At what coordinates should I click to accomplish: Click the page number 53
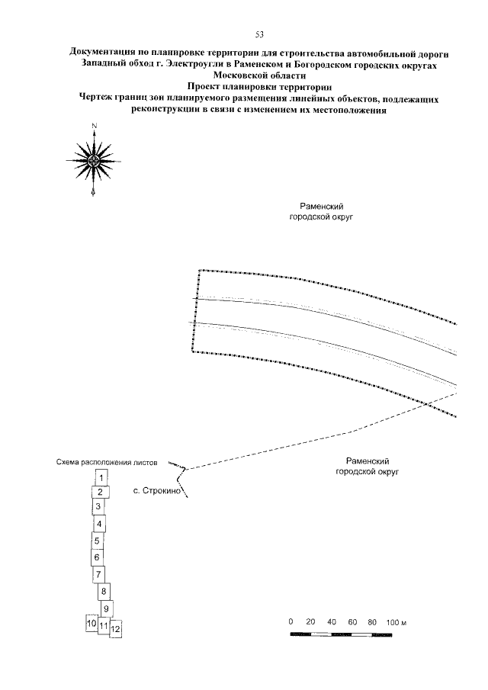[x=259, y=35]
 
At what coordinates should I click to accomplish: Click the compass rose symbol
[x=92, y=160]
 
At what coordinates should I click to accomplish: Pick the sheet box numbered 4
[x=99, y=525]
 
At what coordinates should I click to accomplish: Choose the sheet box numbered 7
[x=99, y=574]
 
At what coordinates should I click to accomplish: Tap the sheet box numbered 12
[x=117, y=630]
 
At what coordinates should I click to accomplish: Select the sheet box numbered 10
[x=91, y=624]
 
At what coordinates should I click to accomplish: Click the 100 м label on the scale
[x=398, y=622]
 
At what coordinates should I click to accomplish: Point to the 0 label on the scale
[x=291, y=622]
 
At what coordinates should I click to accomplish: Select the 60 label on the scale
[x=352, y=622]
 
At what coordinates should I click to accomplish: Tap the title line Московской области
[x=258, y=75]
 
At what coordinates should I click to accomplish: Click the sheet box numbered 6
[x=98, y=557]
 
